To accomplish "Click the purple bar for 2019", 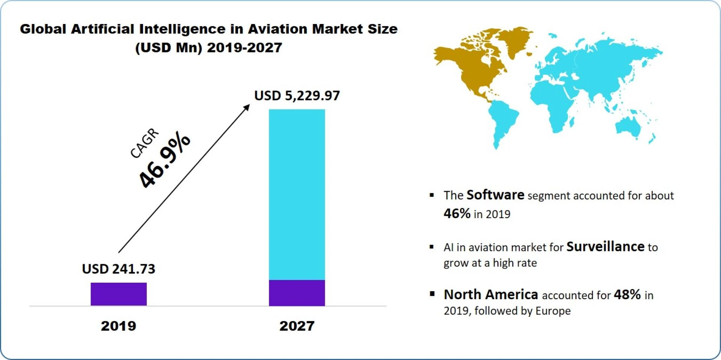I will click(x=118, y=294).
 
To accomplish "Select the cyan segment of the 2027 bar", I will click(x=297, y=194).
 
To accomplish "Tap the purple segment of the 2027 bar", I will click(x=297, y=293).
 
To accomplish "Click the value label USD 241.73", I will click(x=118, y=269).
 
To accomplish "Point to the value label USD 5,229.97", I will click(x=297, y=96).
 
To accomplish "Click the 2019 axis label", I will click(x=118, y=326).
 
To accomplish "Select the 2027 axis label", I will click(x=297, y=326).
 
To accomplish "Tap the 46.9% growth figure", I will click(x=164, y=160).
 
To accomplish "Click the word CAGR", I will click(x=145, y=143).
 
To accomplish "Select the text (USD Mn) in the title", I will click(x=169, y=48).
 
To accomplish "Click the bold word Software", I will click(x=495, y=195).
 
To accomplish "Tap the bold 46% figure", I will click(x=457, y=213).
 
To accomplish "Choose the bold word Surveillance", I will click(x=605, y=247).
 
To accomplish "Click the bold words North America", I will click(x=491, y=295).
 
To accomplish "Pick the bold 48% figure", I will click(x=627, y=295).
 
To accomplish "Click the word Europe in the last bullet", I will click(x=553, y=311).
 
